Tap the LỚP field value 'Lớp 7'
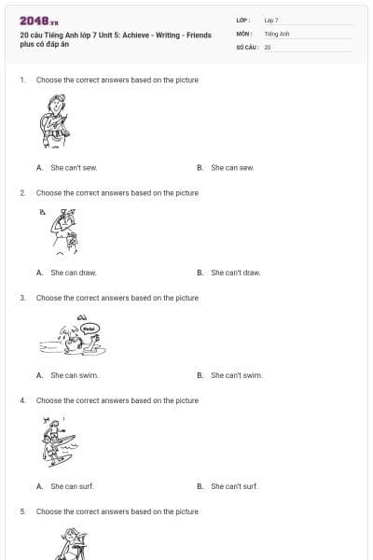click(271, 20)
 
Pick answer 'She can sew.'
click(232, 168)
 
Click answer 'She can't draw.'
click(235, 273)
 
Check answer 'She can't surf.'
click(234, 486)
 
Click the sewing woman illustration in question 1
click(55, 122)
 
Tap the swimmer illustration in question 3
click(70, 338)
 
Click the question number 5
click(22, 511)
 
